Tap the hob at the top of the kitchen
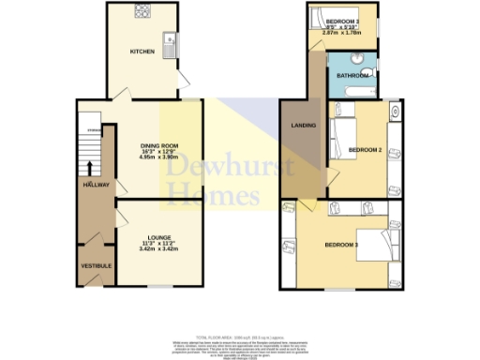(142, 12)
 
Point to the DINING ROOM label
(157, 144)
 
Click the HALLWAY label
(95, 186)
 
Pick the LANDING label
(302, 125)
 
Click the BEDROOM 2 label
(365, 149)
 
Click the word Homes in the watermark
(213, 196)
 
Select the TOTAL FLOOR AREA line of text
(238, 336)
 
